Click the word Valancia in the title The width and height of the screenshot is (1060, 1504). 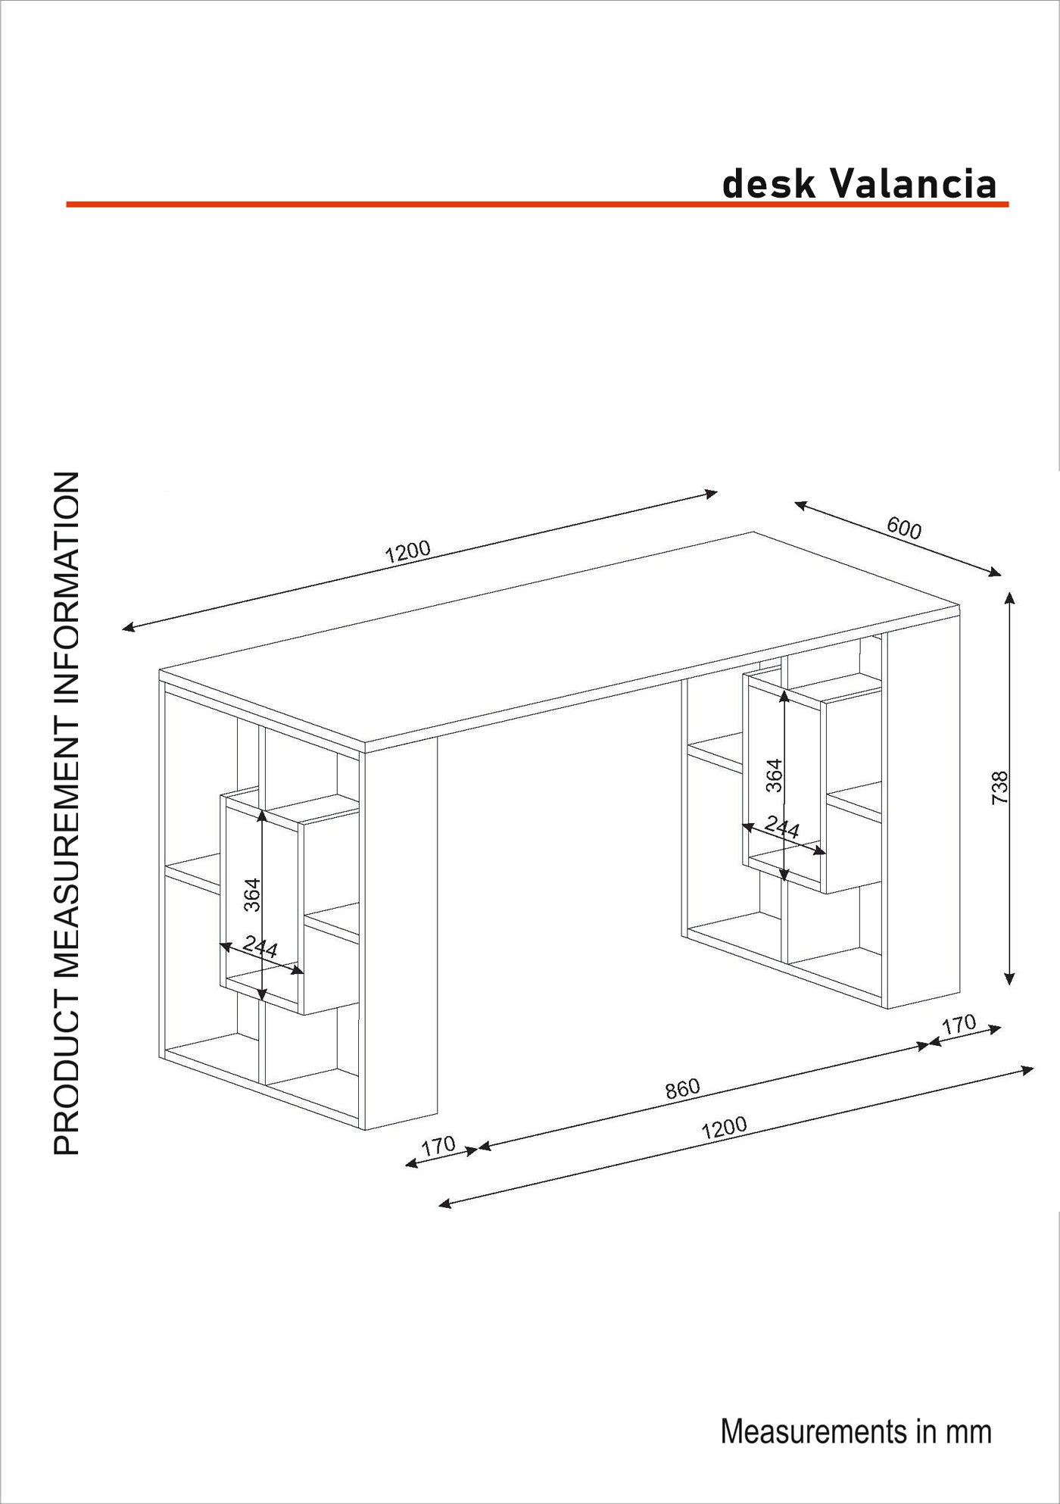tap(913, 183)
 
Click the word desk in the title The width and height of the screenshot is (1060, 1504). tap(769, 183)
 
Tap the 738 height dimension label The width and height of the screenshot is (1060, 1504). tap(1000, 788)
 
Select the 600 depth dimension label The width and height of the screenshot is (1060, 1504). tap(904, 528)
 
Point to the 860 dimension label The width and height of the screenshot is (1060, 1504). tap(682, 1089)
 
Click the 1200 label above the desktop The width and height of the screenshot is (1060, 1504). tap(407, 551)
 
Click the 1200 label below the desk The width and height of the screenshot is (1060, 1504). tap(724, 1128)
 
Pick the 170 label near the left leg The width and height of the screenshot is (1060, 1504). tap(438, 1146)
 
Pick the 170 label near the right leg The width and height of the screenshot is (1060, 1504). tap(959, 1025)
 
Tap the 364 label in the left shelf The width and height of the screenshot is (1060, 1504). tap(252, 894)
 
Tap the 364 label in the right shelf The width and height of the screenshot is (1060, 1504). tap(774, 775)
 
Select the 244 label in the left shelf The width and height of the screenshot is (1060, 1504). tap(260, 947)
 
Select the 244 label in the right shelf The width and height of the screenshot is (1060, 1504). tap(781, 827)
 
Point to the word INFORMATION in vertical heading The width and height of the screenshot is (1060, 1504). tap(67, 589)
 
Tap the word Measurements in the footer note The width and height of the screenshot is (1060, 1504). tap(813, 1431)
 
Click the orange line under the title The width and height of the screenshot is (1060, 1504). tap(538, 204)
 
